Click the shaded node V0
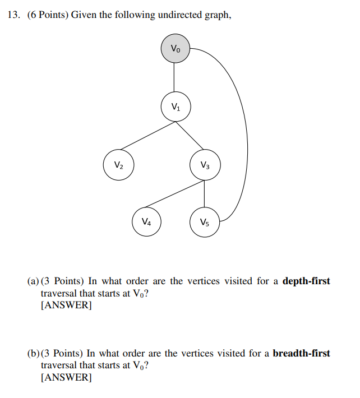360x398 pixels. coord(176,49)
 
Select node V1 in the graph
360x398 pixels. coord(176,107)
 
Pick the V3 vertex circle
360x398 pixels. coord(205,165)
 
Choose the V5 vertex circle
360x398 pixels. coord(205,222)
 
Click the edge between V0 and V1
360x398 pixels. coord(176,77)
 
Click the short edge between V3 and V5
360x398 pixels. coord(205,194)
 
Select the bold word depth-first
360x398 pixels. coord(306,281)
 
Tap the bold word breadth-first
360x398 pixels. coord(301,354)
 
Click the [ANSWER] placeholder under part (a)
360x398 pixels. coord(66,306)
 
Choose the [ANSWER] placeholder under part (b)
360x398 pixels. coord(66,378)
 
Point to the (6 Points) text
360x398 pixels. coord(48,15)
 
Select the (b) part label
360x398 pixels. coord(34,354)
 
